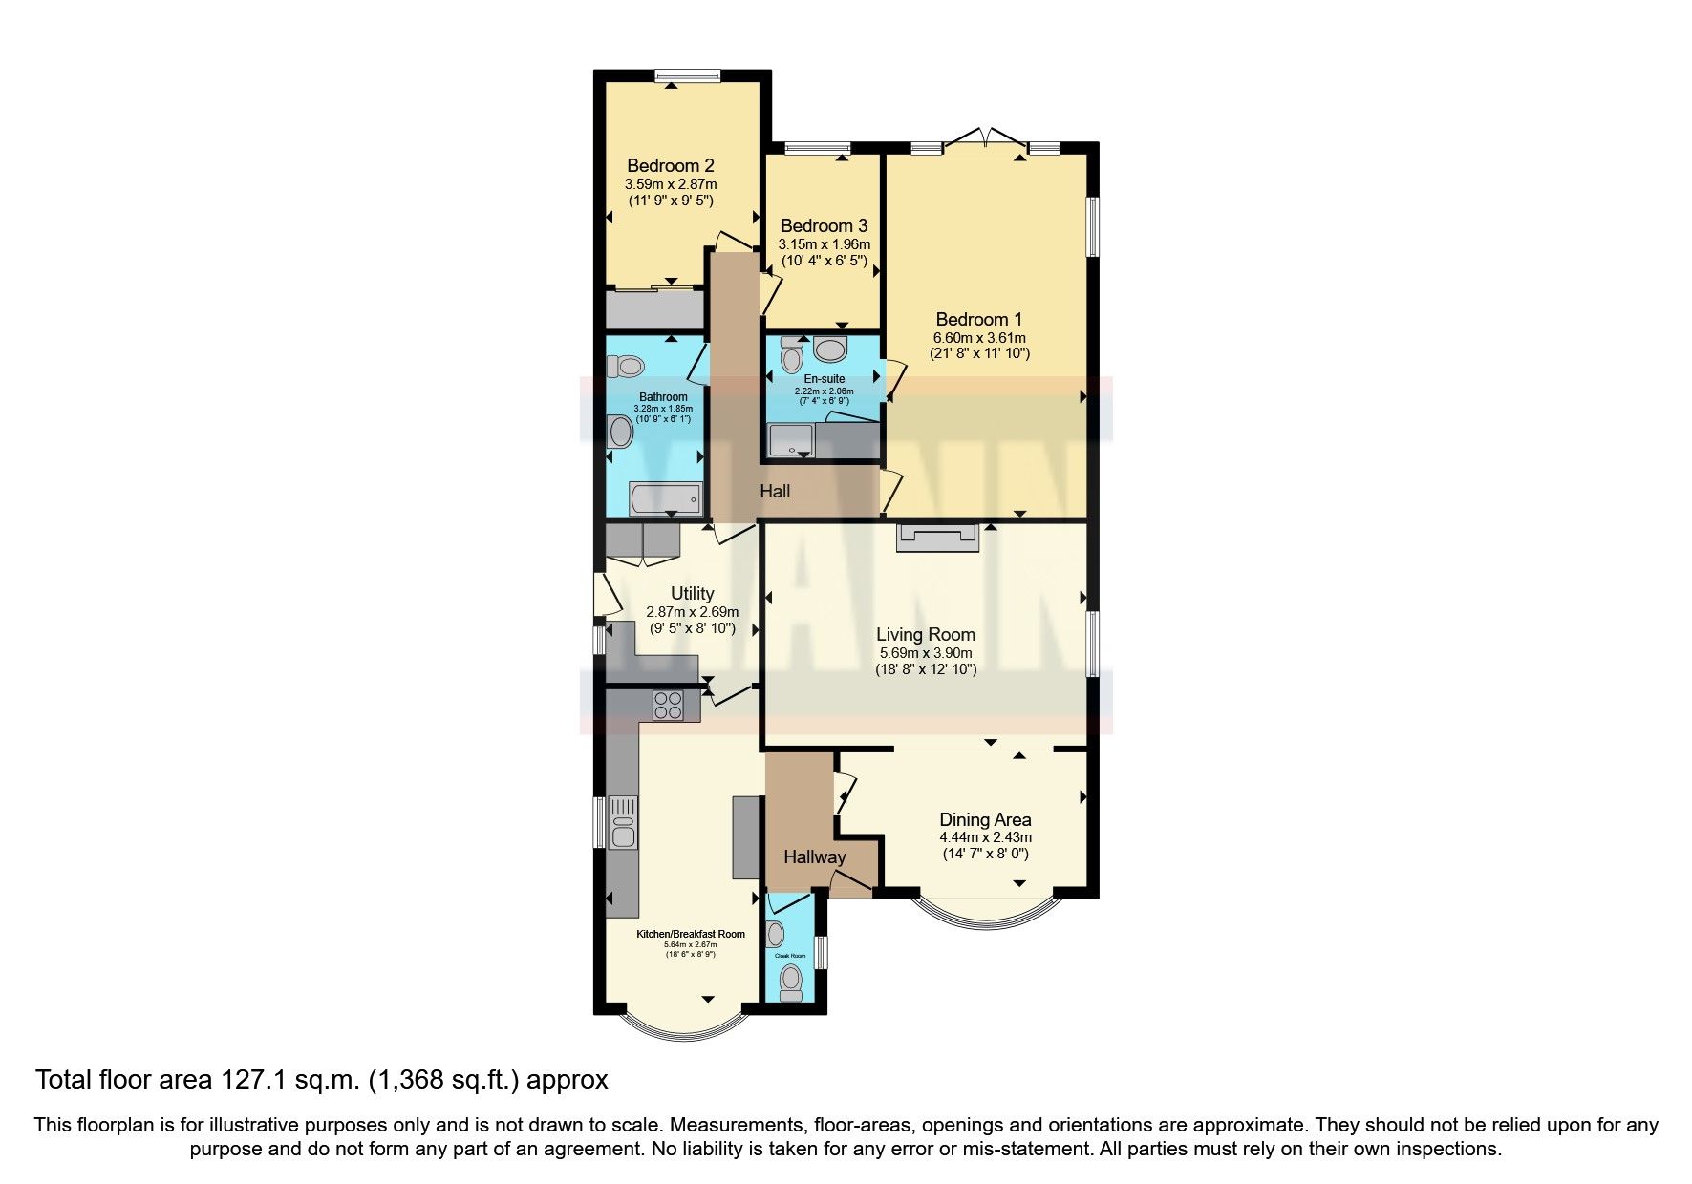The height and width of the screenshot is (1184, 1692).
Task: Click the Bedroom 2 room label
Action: [x=670, y=165]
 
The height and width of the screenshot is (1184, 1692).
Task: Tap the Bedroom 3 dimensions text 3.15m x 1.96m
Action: [x=824, y=244]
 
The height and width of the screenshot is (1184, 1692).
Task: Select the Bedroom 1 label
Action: [x=978, y=319]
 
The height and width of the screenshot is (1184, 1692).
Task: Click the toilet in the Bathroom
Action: [x=630, y=366]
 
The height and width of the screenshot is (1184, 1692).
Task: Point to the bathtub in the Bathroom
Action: [x=665, y=499]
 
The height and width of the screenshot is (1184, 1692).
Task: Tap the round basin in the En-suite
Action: [x=830, y=349]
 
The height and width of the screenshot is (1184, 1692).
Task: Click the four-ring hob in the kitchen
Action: [x=668, y=705]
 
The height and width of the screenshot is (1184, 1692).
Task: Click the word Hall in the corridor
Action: [x=775, y=491]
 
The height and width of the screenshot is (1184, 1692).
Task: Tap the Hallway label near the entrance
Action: [x=814, y=856]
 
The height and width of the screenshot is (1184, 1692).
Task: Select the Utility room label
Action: [x=692, y=593]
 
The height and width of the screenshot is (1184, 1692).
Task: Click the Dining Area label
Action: [x=985, y=819]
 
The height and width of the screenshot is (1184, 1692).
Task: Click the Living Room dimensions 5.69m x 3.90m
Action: [x=926, y=653]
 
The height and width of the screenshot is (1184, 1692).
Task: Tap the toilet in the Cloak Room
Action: [x=791, y=980]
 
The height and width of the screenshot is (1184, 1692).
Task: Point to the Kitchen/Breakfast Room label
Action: [x=690, y=934]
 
